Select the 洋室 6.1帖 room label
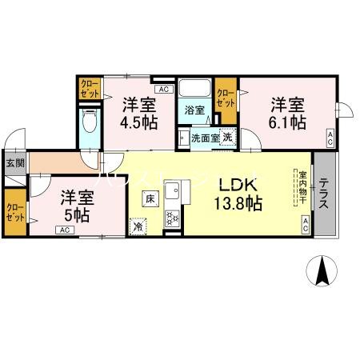click(287, 113)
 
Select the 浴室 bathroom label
click(195, 110)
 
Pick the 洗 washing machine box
click(226, 138)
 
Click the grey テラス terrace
click(325, 194)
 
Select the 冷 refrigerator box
click(138, 226)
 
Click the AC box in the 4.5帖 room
click(162, 90)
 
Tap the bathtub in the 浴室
click(193, 89)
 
